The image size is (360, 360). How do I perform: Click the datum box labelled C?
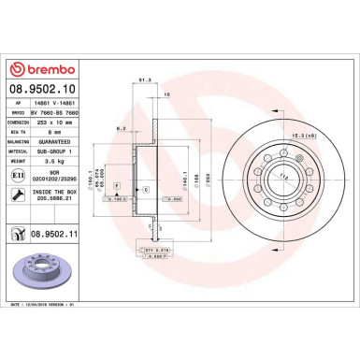[146, 191]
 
